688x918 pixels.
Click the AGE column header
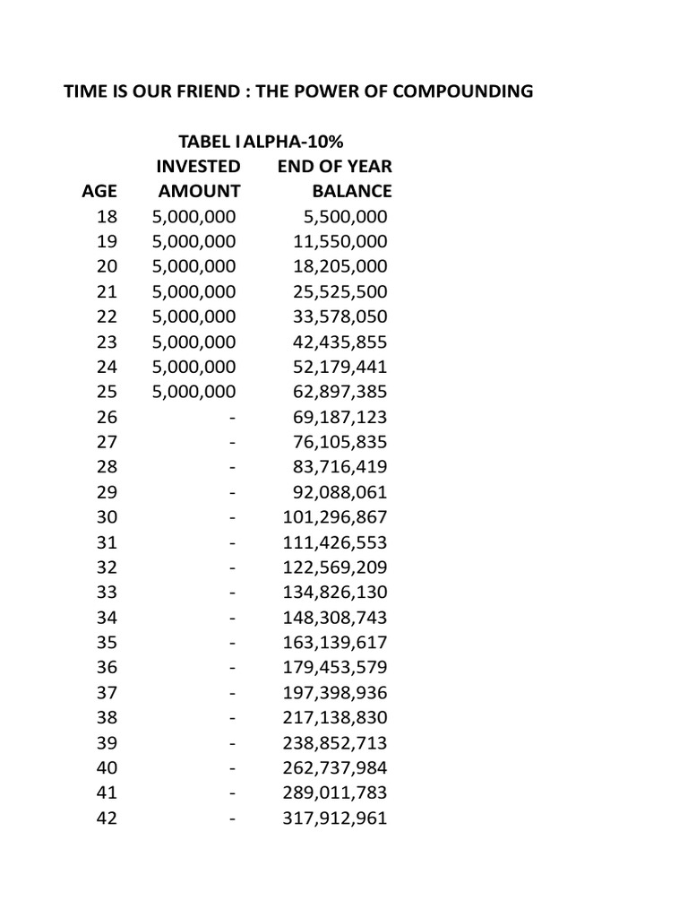(99, 191)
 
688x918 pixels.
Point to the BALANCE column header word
(351, 191)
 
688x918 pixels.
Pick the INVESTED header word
(198, 167)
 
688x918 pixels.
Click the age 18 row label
(107, 216)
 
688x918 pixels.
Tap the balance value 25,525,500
(340, 291)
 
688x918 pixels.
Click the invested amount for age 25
(193, 392)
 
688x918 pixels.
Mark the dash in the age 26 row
(233, 417)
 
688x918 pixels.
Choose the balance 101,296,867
(335, 517)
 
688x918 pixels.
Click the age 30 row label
(107, 517)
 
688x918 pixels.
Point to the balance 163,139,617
(335, 643)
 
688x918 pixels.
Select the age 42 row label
(107, 818)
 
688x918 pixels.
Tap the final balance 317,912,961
(335, 818)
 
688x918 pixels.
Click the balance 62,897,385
(340, 392)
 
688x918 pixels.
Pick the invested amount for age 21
(193, 291)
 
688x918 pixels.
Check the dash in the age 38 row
(233, 718)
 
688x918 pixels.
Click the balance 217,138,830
(335, 718)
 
